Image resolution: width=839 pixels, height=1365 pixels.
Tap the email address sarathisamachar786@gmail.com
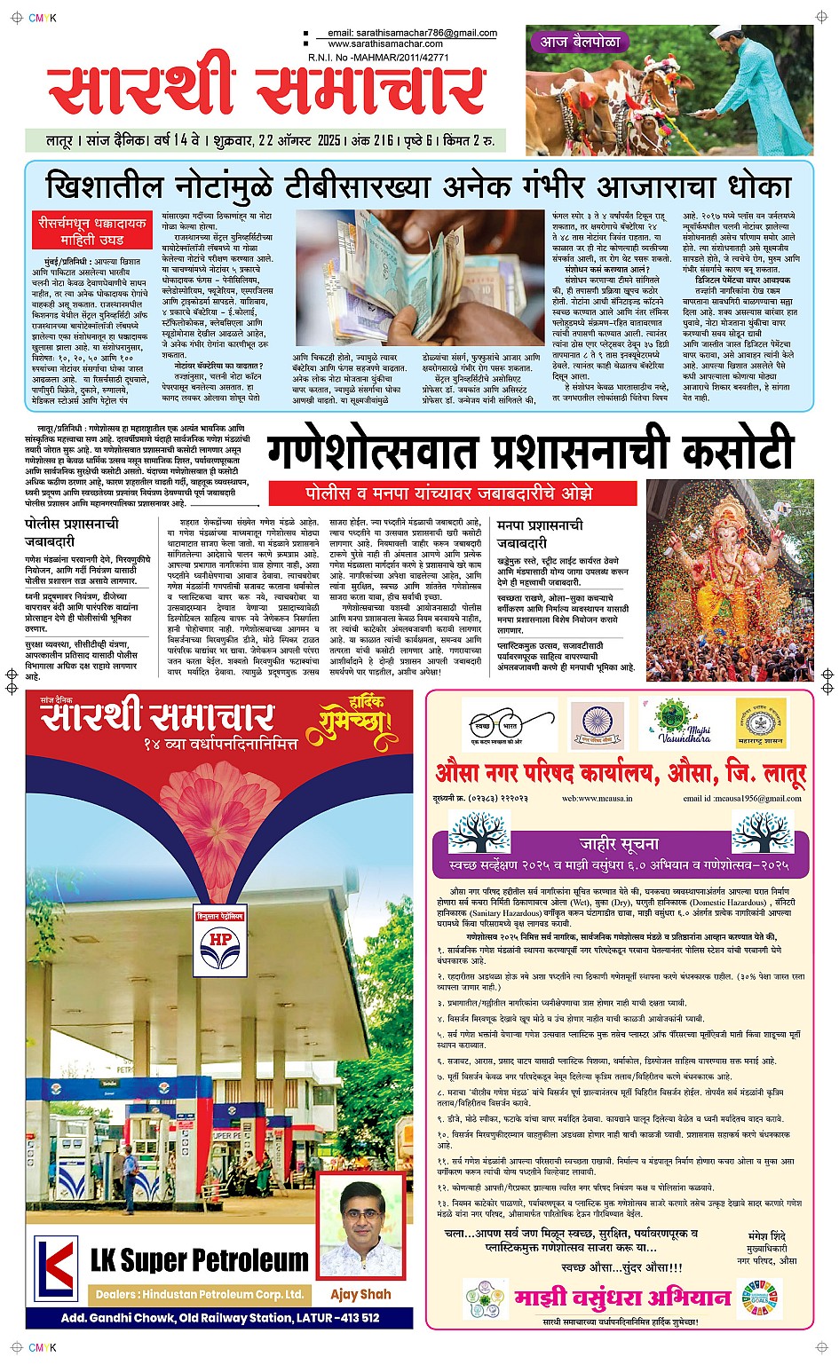412,33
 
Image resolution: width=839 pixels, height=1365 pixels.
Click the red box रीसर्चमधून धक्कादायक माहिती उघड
91,231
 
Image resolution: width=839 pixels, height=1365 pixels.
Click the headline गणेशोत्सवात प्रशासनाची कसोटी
530,452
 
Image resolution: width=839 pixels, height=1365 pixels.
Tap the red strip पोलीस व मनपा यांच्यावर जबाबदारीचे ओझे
449,493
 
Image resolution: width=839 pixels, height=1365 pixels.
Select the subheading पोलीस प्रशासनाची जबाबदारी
71,533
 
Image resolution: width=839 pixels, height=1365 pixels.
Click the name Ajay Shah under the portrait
360,1294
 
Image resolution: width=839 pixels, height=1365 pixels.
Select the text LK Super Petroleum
200,1259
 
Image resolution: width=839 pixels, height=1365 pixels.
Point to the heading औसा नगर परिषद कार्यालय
620,774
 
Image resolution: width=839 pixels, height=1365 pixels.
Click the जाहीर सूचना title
619,843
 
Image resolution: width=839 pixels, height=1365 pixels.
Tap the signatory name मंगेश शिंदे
767,1235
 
